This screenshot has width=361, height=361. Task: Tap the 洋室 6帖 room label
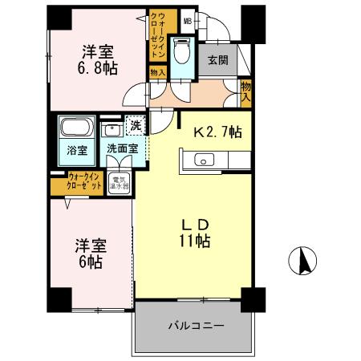click(x=89, y=254)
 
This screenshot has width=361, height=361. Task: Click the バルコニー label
click(x=196, y=327)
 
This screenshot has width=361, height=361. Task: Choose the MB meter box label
click(x=188, y=22)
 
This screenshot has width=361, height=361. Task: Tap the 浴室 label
click(x=75, y=150)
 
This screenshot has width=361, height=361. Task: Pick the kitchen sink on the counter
click(x=204, y=162)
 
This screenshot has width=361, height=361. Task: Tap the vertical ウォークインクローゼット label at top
click(x=157, y=34)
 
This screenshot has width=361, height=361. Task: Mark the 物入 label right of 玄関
click(x=245, y=91)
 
